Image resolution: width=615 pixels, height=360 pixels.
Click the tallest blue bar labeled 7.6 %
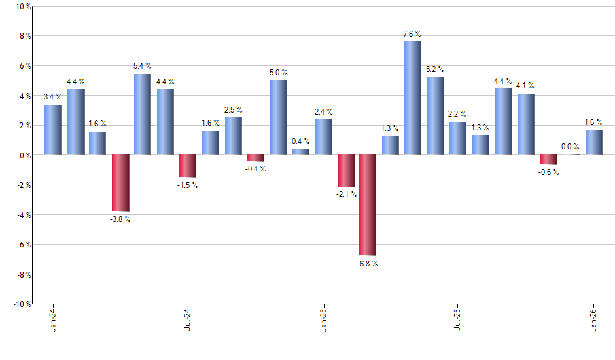412,98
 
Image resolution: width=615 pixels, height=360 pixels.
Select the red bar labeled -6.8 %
367,205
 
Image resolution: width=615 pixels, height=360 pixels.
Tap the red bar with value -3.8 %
120,183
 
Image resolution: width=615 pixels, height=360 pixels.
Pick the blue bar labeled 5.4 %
143,115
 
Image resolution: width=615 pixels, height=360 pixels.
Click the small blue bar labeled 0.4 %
301,152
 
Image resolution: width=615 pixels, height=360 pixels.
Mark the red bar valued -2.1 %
346,171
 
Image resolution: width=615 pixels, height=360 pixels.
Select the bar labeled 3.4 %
53,130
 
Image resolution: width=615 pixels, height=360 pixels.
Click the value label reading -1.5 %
187,185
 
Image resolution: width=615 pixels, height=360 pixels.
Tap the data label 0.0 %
571,147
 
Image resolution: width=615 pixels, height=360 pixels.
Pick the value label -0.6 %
549,172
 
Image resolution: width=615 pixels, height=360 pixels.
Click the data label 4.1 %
525,86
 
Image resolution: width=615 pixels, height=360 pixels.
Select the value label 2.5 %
233,109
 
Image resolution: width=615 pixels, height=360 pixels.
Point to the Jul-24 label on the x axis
187,320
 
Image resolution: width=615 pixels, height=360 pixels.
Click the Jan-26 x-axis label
593,320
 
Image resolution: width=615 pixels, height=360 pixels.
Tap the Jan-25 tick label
323,320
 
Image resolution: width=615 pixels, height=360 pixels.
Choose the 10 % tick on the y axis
22,7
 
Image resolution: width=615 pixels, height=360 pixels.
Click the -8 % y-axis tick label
22,274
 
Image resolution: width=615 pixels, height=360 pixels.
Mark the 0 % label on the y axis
24,155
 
